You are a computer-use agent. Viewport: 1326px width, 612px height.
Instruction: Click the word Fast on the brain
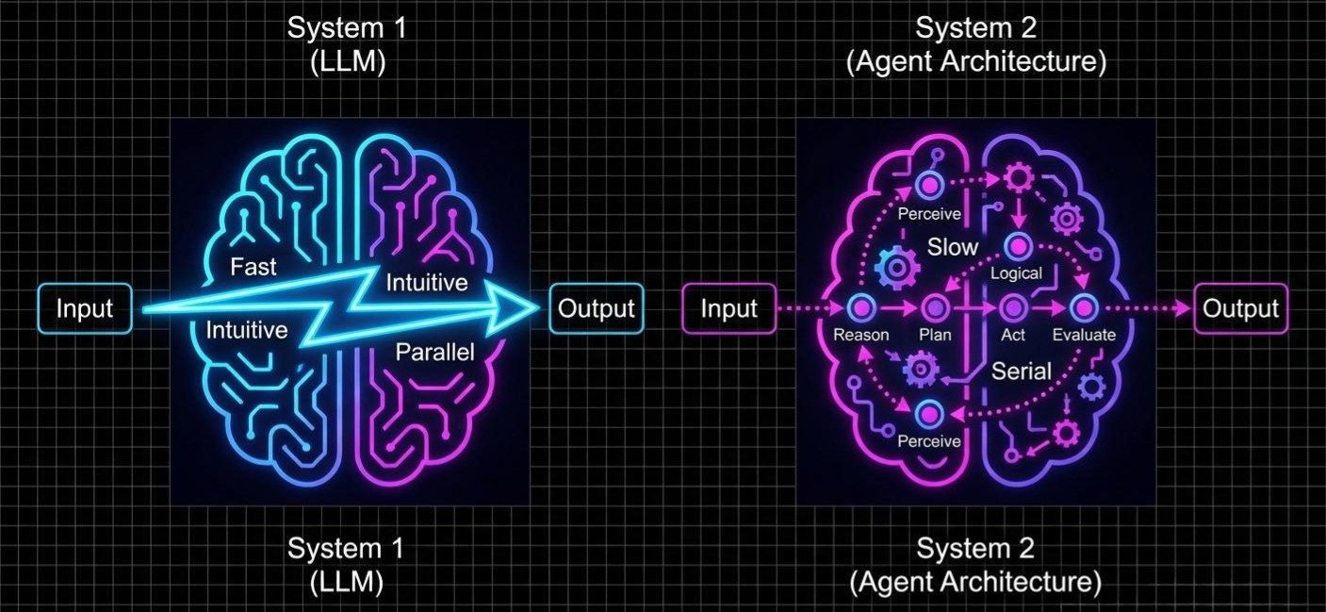[x=254, y=267]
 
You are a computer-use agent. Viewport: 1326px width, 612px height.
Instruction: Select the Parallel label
[x=434, y=353]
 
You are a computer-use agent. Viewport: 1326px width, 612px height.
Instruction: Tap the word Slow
[x=953, y=248]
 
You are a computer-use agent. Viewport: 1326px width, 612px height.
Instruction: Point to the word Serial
[x=1021, y=371]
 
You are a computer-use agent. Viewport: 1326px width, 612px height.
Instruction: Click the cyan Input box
[x=85, y=308]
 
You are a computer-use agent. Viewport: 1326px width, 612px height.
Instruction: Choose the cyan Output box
[x=597, y=308]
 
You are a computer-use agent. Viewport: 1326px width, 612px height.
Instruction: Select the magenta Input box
[x=729, y=308]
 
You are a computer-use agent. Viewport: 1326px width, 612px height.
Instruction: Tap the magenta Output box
[x=1240, y=308]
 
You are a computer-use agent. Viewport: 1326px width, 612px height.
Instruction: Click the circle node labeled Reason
[x=861, y=307]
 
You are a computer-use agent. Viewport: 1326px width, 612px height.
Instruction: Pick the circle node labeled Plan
[x=935, y=307]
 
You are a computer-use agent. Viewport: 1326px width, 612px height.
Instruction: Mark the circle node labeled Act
[x=1012, y=307]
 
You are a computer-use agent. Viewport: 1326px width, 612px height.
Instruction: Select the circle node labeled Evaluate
[x=1083, y=307]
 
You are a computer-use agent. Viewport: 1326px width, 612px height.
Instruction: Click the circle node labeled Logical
[x=1016, y=248]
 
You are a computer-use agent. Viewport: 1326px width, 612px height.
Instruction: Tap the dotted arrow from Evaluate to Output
[x=1145, y=308]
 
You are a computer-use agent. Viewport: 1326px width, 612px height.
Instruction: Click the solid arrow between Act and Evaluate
[x=1047, y=307]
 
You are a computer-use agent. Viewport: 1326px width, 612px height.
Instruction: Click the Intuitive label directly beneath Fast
[x=246, y=330]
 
